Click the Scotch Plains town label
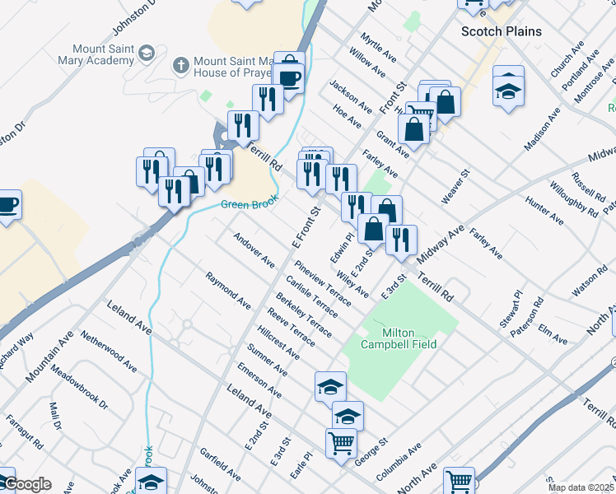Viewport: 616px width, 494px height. [501, 31]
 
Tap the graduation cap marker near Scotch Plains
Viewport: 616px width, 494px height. [508, 87]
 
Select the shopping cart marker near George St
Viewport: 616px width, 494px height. [342, 443]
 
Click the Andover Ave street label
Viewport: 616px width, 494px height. [254, 249]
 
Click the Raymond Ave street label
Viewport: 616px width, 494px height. [228, 291]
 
